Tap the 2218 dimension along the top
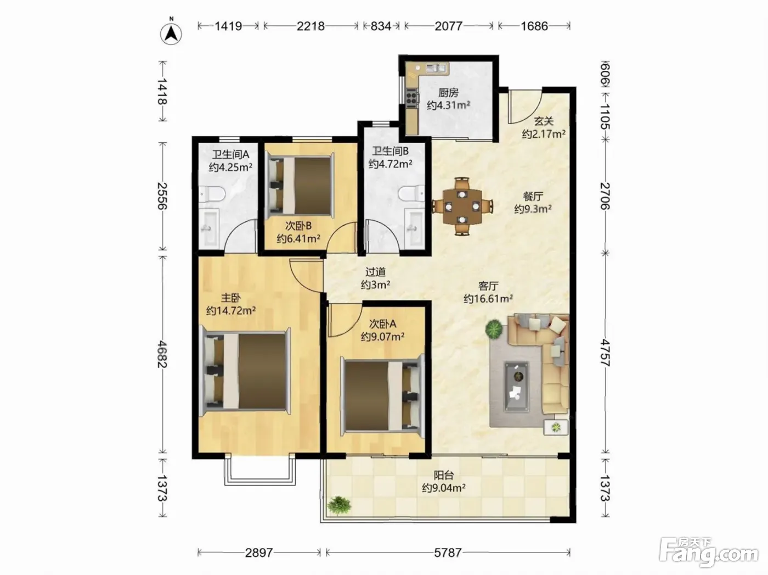310,26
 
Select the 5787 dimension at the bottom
448,553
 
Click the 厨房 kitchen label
448,93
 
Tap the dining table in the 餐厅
462,206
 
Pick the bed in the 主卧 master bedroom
245,372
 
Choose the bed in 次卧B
300,186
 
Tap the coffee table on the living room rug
516,387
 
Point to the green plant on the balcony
338,505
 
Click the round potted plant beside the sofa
494,329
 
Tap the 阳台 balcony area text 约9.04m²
444,488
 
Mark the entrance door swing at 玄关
525,106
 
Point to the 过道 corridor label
375,272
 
